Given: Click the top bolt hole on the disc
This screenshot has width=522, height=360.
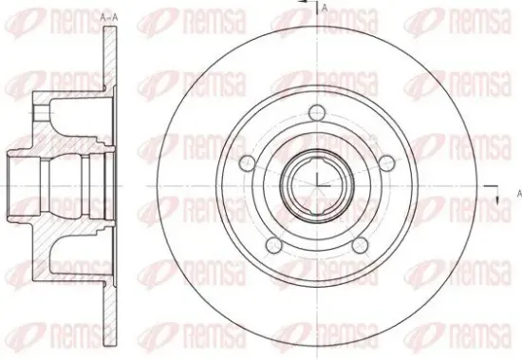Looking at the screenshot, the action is pos(317,112).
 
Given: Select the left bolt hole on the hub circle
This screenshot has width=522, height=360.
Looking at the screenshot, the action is pos(248,163).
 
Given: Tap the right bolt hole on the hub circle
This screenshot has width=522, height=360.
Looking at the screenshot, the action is pos(387,163).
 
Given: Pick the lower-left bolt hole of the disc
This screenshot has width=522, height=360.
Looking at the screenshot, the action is pos(274,245).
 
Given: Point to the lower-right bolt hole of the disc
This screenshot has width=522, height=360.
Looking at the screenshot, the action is pos(361,245).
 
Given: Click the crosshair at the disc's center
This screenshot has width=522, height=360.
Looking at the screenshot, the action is pos(317,185).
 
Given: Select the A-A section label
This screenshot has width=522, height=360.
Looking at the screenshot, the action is pos(109,18).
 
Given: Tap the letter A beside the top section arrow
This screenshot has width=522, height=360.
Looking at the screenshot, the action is pos(325,9).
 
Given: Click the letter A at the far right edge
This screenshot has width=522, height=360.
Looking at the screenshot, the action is pos(519,194).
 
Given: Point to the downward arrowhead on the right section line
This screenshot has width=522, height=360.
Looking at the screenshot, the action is pos(497,199).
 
